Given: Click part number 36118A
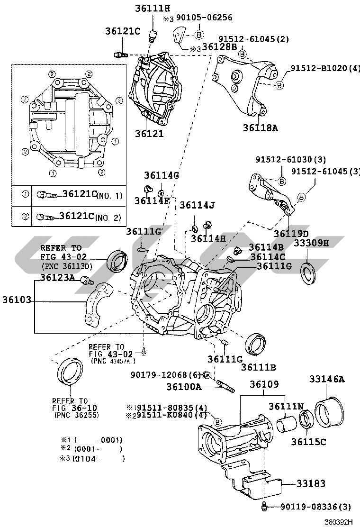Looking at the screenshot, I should [260, 127].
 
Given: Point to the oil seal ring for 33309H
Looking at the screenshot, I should [310, 273].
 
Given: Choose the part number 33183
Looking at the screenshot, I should [311, 484].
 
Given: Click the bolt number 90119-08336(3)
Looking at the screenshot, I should [313, 508].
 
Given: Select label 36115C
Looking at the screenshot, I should [308, 442].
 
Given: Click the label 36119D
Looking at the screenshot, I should [291, 233].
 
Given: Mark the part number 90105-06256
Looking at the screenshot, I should [204, 18].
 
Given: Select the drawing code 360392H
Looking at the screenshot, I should [338, 522].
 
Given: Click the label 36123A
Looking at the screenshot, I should [57, 278].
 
